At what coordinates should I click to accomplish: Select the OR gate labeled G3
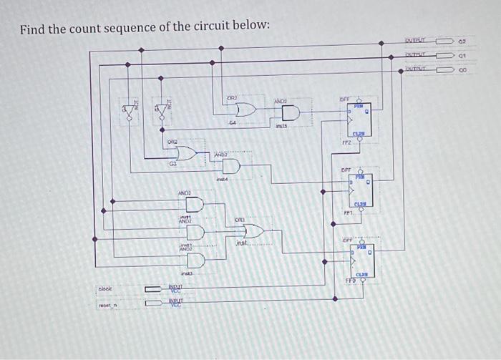[185, 154]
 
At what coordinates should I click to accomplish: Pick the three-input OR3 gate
[253, 230]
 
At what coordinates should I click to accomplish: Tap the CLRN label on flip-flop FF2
[358, 134]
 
